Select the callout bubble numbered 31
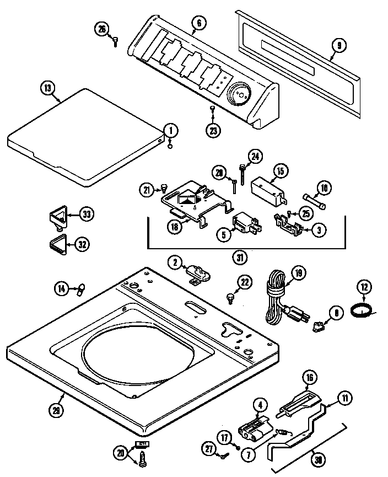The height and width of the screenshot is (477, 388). [x=240, y=257]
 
